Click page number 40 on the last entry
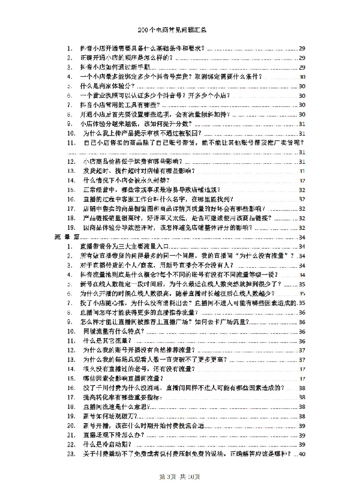(302, 454)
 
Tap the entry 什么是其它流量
(108, 340)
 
